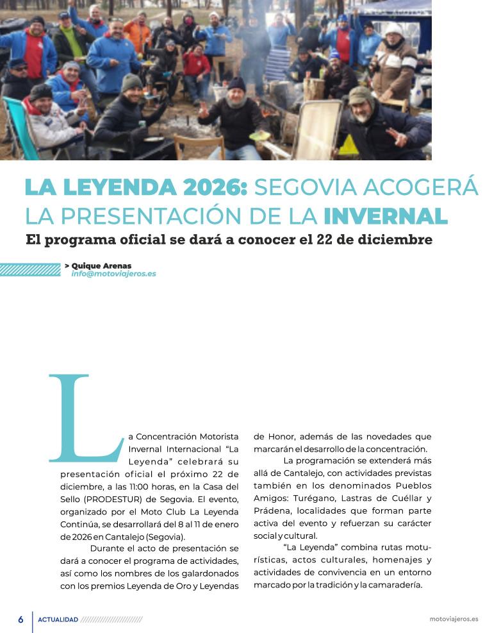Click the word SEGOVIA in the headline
click(299, 187)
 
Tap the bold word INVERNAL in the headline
click(385, 216)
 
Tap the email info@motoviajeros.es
click(113, 274)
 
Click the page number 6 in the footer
click(20, 620)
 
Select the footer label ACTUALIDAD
click(58, 620)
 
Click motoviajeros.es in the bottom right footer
click(454, 620)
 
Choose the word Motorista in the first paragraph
click(210, 437)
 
